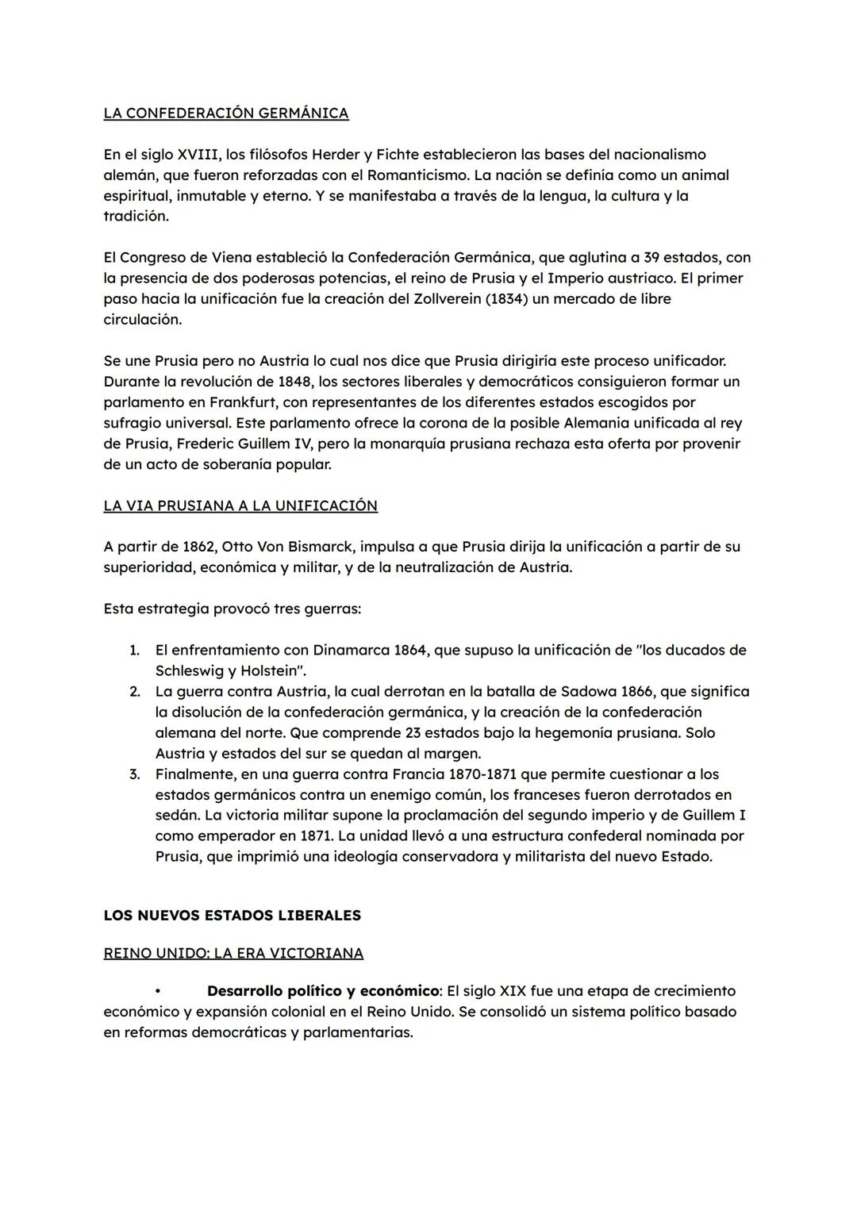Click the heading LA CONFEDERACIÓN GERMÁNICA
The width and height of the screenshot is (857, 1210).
pyautogui.click(x=225, y=113)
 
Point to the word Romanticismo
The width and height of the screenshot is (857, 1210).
pyautogui.click(x=417, y=175)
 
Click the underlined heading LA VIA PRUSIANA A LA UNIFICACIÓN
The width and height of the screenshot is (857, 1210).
pyautogui.click(x=240, y=506)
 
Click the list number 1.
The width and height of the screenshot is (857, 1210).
pyautogui.click(x=134, y=651)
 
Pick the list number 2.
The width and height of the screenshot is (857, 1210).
pyautogui.click(x=134, y=692)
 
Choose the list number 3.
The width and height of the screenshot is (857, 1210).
pyautogui.click(x=134, y=774)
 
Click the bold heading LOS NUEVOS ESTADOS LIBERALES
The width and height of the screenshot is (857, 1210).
pyautogui.click(x=232, y=916)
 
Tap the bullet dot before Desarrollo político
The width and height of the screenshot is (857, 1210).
pyautogui.click(x=158, y=992)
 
